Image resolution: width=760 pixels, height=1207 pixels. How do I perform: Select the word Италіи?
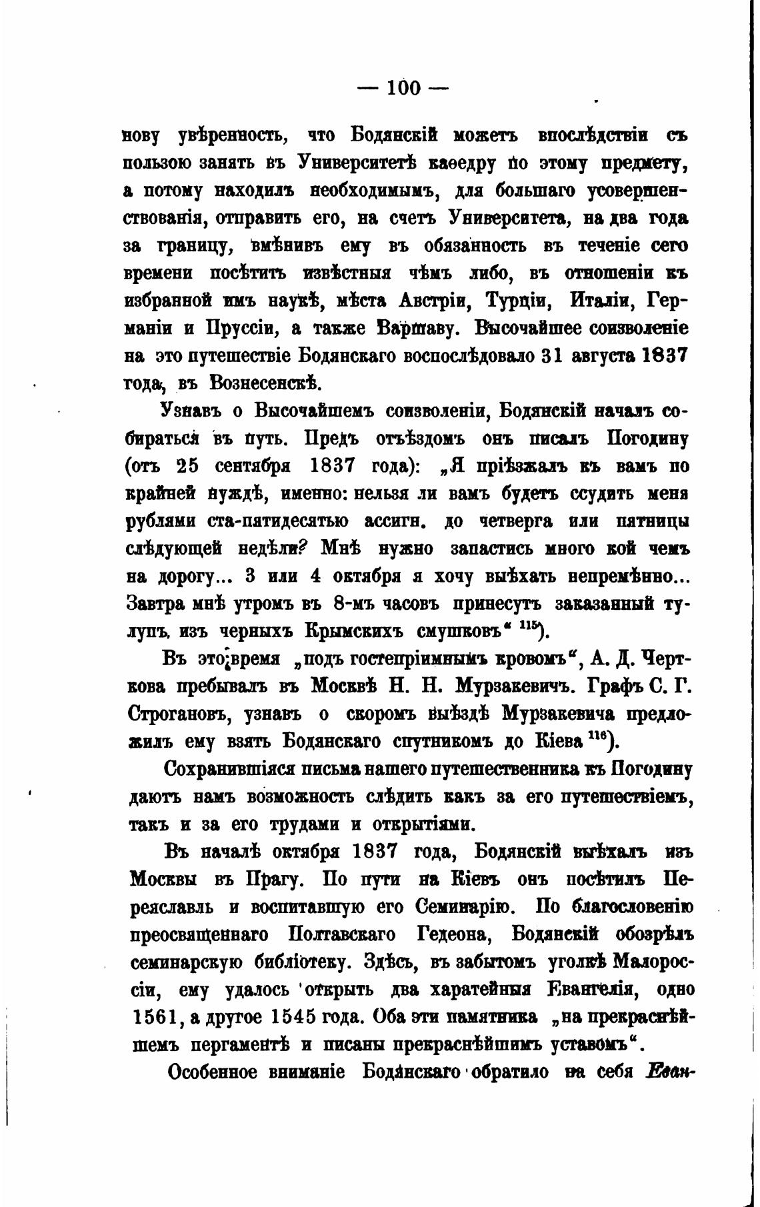click(599, 301)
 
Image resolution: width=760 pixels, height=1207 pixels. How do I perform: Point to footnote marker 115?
click(531, 626)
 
